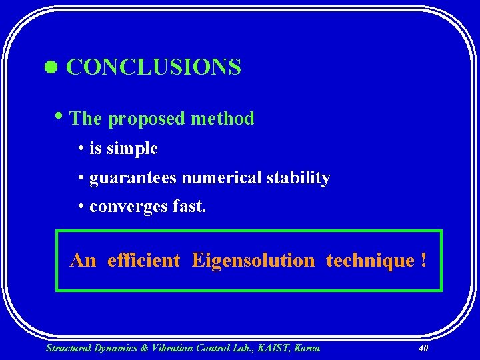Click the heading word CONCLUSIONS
pyautogui.click(x=153, y=67)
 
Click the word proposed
pyautogui.click(x=145, y=119)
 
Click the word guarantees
pyautogui.click(x=133, y=179)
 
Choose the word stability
pyautogui.click(x=298, y=178)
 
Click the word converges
pyautogui.click(x=127, y=207)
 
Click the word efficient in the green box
pyautogui.click(x=143, y=260)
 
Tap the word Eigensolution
pyautogui.click(x=253, y=260)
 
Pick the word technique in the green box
pyautogui.click(x=370, y=260)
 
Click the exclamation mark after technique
pyautogui.click(x=423, y=260)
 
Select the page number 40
pyautogui.click(x=423, y=348)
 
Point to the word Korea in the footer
pyautogui.click(x=306, y=348)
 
